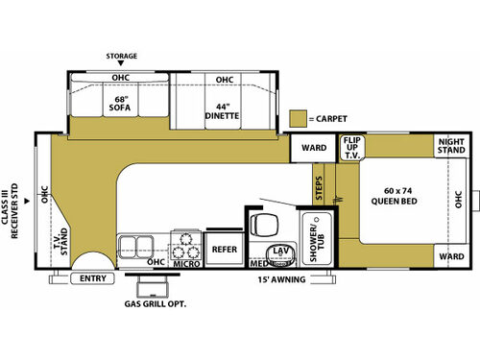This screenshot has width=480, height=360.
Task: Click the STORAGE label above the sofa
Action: (x=122, y=56)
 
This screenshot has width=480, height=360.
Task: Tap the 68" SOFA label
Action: (x=120, y=104)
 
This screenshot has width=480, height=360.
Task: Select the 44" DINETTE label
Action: (x=222, y=111)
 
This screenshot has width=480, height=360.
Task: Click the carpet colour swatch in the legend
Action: (x=299, y=118)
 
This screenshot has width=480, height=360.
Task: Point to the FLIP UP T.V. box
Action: (x=352, y=148)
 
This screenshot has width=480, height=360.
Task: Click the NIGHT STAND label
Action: (x=451, y=146)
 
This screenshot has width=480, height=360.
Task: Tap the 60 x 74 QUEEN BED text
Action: (x=395, y=196)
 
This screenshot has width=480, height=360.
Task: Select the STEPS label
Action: (x=319, y=188)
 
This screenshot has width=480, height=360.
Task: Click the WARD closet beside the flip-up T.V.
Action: (x=313, y=148)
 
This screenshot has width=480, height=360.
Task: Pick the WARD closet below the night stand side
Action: (x=451, y=256)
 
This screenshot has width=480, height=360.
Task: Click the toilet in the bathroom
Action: (x=264, y=224)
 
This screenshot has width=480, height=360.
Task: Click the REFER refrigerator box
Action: (x=225, y=250)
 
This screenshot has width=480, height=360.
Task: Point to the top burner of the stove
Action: (x=185, y=239)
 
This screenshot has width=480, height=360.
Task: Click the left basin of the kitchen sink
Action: (x=128, y=247)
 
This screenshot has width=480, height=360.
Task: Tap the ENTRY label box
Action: (x=93, y=278)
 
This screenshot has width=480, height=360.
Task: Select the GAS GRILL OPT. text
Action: (x=156, y=304)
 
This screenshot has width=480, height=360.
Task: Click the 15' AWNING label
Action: (x=281, y=279)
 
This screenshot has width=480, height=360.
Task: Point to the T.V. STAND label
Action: (x=60, y=242)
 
